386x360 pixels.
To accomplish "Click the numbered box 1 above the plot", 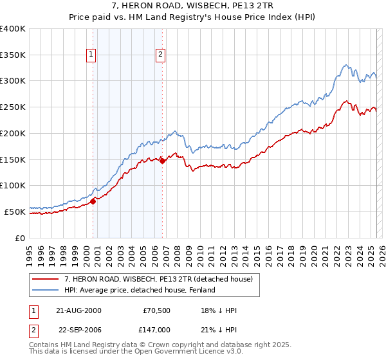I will tap(92, 55).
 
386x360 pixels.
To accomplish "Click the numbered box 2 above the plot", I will tap(160, 55).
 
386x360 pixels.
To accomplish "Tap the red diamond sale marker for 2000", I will tap(93, 201).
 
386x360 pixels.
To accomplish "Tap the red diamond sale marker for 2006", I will tap(162, 161).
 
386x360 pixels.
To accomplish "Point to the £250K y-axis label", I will tap(13, 107).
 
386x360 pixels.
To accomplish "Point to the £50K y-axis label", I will tap(15, 211).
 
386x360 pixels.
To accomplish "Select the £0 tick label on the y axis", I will tap(20, 237).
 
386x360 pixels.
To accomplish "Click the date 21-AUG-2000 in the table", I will tap(77, 310).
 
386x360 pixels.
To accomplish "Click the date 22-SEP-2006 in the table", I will tap(77, 328).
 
